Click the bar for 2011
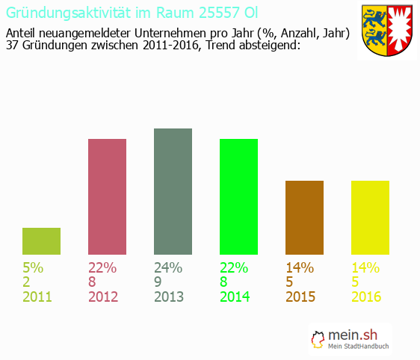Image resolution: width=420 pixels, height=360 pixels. pyautogui.click(x=41, y=241)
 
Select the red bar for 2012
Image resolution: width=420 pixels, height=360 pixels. pyautogui.click(x=107, y=196)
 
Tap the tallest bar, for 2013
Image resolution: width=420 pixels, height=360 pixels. pyautogui.click(x=173, y=191)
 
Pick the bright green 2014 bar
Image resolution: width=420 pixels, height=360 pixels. pyautogui.click(x=238, y=196)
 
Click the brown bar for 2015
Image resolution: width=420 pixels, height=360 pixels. pyautogui.click(x=304, y=217)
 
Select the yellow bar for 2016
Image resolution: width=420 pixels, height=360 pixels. pyautogui.click(x=370, y=217)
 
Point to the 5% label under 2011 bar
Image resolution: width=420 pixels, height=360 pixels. pyautogui.click(x=33, y=268)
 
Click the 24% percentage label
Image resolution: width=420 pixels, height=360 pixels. pyautogui.click(x=168, y=268)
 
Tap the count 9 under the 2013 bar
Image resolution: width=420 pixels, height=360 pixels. pyautogui.click(x=158, y=282)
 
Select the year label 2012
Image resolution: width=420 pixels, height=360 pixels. pyautogui.click(x=103, y=297)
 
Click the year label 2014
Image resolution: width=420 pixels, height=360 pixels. pyautogui.click(x=235, y=297)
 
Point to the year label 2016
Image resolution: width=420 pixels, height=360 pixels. pyautogui.click(x=366, y=297)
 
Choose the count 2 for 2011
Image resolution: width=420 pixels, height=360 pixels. pyautogui.click(x=27, y=282)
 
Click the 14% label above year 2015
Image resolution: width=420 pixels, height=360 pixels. pyautogui.click(x=300, y=268)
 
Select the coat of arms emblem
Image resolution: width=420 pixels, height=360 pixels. pyautogui.click(x=387, y=31)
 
